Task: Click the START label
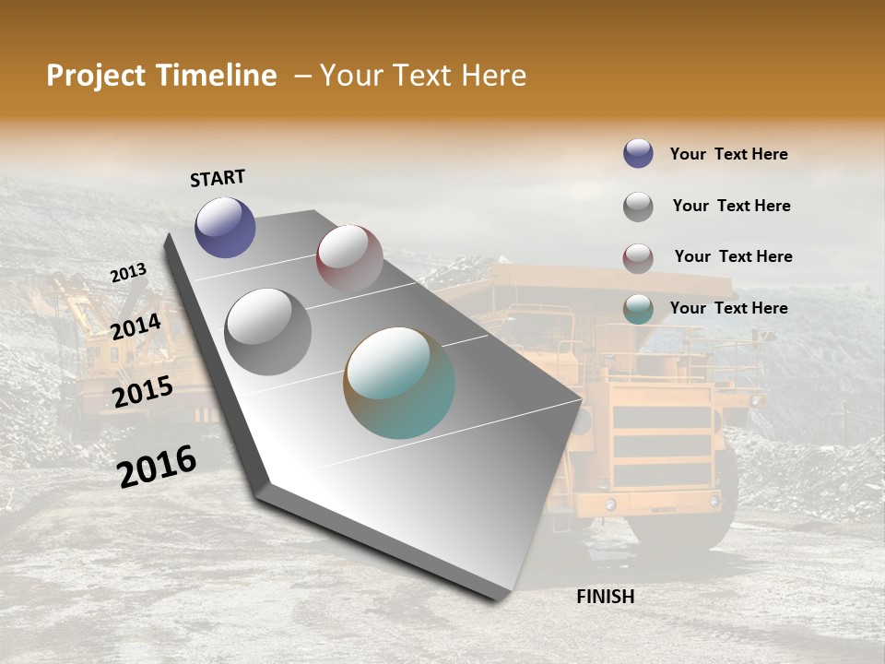tap(218, 178)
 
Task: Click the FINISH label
tap(605, 597)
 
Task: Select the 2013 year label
tap(128, 273)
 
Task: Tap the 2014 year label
tap(136, 327)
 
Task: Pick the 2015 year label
tap(142, 392)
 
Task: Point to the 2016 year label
tap(157, 466)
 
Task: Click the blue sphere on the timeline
tap(225, 227)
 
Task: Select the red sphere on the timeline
tap(349, 257)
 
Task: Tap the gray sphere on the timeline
tap(268, 332)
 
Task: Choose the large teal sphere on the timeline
tap(399, 383)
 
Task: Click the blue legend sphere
tap(638, 153)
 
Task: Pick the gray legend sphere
tap(638, 206)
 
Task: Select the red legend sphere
tap(638, 257)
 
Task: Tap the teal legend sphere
tap(638, 308)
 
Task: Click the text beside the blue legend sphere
tap(728, 154)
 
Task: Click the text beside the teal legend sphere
tap(728, 308)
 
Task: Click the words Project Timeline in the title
tap(161, 76)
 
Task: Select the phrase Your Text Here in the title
tap(423, 76)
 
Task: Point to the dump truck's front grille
tap(662, 446)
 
